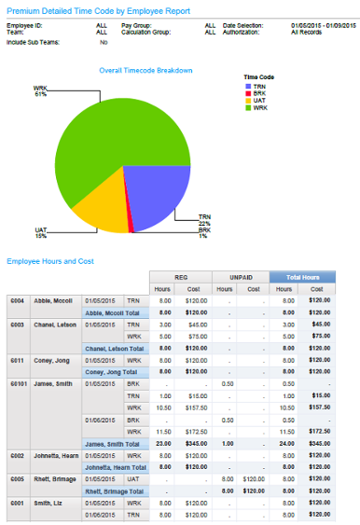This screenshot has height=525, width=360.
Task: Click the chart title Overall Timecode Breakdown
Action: (x=145, y=70)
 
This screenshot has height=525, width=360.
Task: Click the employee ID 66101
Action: (x=18, y=381)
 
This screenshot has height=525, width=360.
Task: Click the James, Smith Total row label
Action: (x=115, y=443)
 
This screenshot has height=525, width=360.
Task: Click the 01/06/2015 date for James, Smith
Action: (x=100, y=420)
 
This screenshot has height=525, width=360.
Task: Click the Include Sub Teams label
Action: (x=31, y=42)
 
